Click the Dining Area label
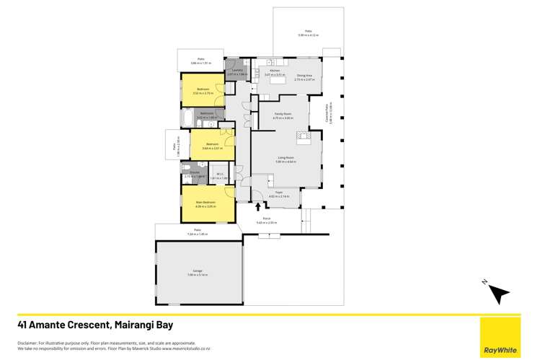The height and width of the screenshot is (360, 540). coord(304,75)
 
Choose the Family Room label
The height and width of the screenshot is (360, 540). coord(283,114)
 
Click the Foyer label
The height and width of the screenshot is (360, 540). coord(278,193)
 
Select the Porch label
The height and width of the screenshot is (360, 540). coord(267,220)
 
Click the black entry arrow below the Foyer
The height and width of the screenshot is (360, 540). coord(257,208)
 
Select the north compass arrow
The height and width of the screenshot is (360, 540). coord(498,292)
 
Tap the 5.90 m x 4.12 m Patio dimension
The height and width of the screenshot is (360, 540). coord(309,34)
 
